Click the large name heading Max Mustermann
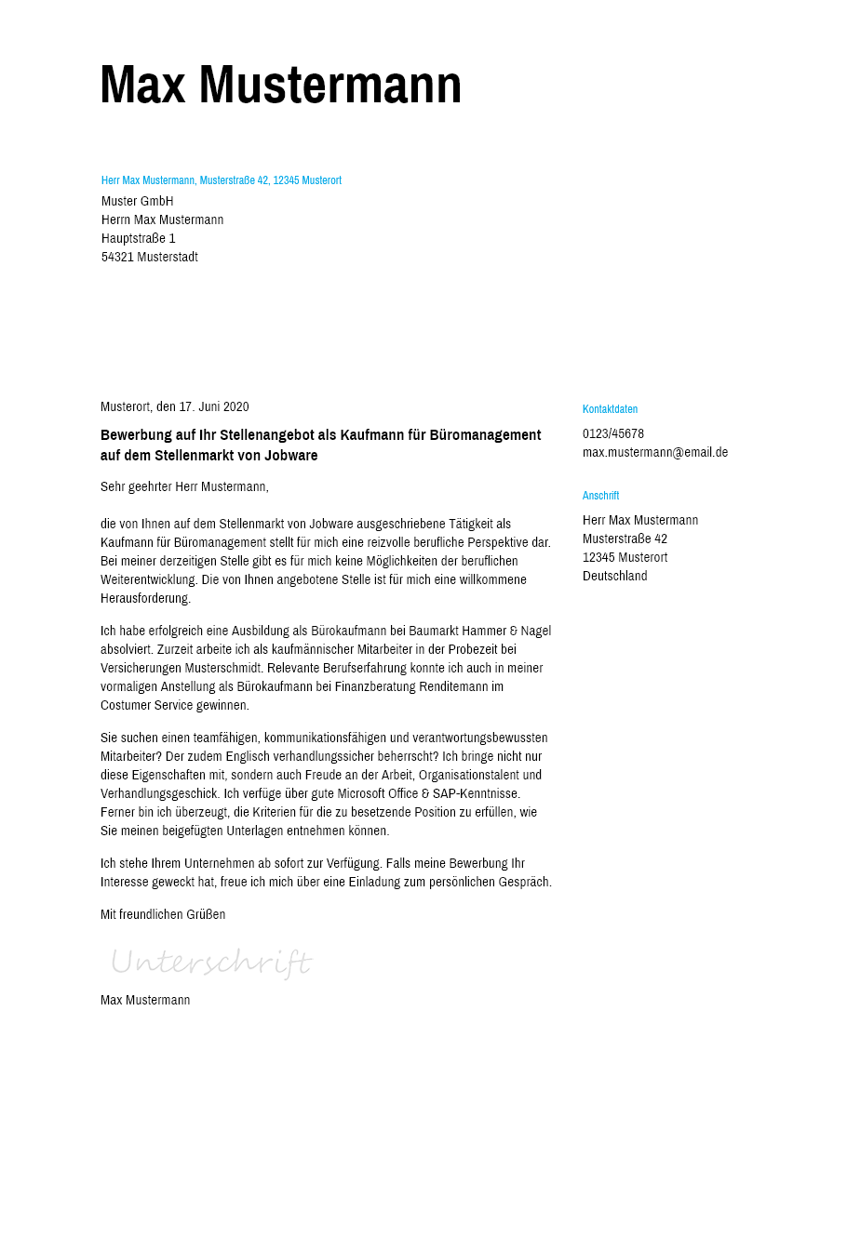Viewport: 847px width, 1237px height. point(280,85)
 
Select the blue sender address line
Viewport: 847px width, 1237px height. point(222,180)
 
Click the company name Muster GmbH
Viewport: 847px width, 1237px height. point(138,201)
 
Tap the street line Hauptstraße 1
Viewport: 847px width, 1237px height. point(139,238)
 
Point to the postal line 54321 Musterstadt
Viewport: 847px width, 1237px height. point(150,257)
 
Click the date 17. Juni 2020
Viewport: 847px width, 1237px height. point(214,406)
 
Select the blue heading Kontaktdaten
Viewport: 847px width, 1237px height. point(610,409)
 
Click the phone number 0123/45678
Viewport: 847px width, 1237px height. point(613,433)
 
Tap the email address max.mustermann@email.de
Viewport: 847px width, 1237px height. point(655,452)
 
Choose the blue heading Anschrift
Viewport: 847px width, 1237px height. point(600,496)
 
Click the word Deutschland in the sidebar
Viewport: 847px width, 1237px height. point(614,576)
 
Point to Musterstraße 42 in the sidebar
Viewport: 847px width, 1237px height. point(625,539)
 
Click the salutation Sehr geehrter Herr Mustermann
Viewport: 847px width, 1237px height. point(184,486)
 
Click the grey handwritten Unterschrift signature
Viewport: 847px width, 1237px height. point(211,962)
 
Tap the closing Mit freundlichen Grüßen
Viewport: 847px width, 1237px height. point(163,914)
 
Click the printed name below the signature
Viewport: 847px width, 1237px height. point(145,1000)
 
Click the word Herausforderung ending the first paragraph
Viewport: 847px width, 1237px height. point(145,598)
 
